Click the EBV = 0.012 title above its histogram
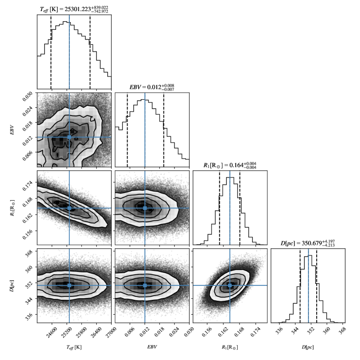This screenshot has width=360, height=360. (152, 87)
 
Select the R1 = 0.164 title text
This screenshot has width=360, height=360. (230, 165)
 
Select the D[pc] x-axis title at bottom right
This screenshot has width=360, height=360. (308, 347)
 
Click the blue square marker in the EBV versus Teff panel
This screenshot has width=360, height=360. (69, 137)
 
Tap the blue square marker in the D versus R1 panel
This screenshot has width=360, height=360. (230, 285)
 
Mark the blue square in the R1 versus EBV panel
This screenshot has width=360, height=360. (145, 208)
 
